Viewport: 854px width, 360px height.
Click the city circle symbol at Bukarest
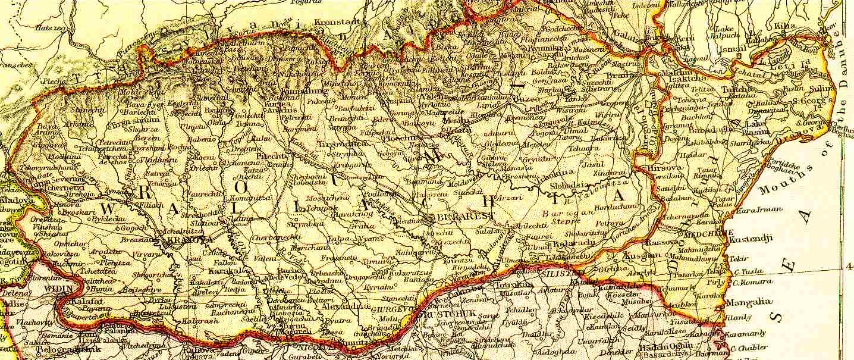431,219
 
